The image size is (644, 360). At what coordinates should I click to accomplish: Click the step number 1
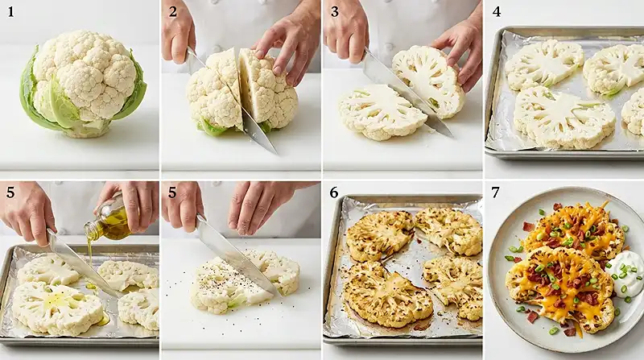[10, 11]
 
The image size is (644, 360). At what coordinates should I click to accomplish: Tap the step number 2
[172, 11]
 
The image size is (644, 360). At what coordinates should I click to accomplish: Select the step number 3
[335, 11]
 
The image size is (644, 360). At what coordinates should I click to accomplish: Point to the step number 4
[497, 11]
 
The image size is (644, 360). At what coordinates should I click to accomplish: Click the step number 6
[335, 193]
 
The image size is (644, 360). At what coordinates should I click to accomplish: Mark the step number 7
[497, 193]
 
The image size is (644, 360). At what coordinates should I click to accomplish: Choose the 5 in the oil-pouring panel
[10, 193]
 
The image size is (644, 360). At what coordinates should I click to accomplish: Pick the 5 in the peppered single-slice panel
[172, 193]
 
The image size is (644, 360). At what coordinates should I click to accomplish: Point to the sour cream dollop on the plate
[625, 272]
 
